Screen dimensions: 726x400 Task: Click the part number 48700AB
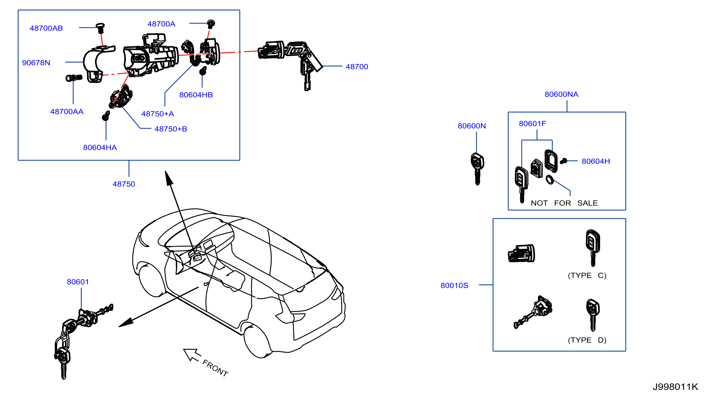(x=46, y=28)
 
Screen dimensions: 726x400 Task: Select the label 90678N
(x=36, y=63)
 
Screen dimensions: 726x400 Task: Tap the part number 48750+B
(x=171, y=129)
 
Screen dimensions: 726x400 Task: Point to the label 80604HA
(x=100, y=147)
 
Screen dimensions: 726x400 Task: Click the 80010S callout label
(x=454, y=285)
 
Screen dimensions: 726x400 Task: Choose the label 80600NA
(x=561, y=94)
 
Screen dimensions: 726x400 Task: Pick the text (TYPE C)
(x=587, y=275)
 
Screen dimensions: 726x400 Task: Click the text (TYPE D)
(x=587, y=340)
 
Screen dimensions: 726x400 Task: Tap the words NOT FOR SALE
(x=564, y=203)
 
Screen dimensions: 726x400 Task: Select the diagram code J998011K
(x=675, y=387)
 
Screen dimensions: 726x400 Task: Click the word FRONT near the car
(x=215, y=368)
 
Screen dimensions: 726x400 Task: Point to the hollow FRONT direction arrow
(x=192, y=355)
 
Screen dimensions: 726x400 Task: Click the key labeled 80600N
(x=477, y=168)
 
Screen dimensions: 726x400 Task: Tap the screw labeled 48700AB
(x=100, y=28)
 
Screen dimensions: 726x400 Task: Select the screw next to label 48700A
(x=211, y=24)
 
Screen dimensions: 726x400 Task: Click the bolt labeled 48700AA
(x=74, y=78)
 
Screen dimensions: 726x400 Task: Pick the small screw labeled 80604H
(x=563, y=161)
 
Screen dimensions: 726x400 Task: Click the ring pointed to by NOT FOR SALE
(x=549, y=180)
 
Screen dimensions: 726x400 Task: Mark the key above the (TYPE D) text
(x=593, y=315)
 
